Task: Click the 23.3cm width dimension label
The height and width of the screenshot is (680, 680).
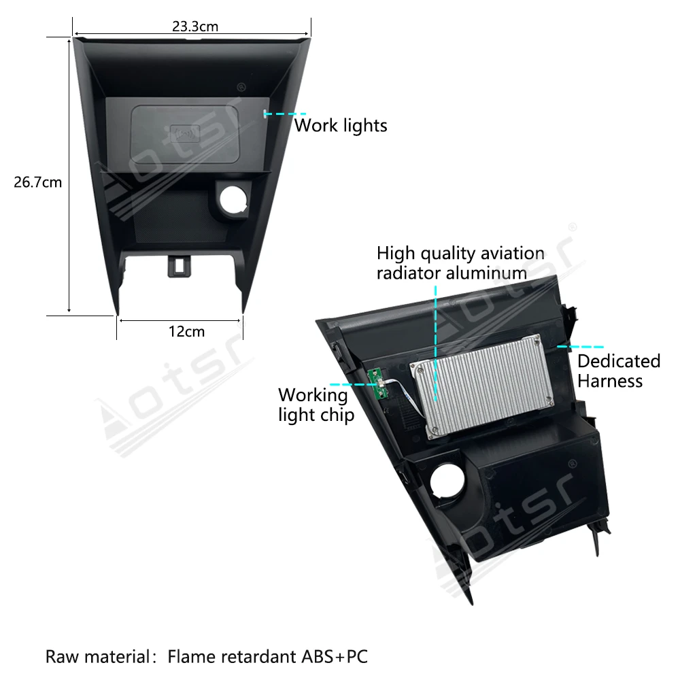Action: (x=194, y=27)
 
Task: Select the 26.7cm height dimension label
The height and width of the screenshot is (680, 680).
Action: (x=38, y=182)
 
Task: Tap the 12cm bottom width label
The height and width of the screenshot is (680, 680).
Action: (x=186, y=332)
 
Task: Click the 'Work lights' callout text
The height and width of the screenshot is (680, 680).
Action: (x=341, y=126)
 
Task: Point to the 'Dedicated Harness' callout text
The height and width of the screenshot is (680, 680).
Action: (x=619, y=371)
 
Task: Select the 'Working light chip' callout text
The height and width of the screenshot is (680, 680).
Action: (x=316, y=405)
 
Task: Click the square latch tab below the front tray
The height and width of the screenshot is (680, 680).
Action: (x=179, y=265)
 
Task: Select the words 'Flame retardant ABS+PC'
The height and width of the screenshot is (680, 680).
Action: (x=268, y=657)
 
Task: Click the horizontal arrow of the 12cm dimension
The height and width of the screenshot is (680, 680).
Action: (x=180, y=318)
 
